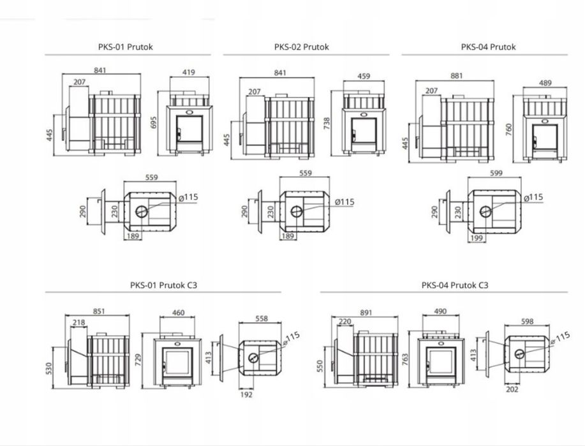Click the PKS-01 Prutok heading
(x=125, y=47)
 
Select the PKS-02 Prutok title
(x=302, y=47)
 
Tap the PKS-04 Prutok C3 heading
(x=455, y=285)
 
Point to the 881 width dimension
(x=457, y=76)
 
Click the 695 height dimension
(x=154, y=123)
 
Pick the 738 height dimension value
(x=327, y=124)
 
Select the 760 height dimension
(x=509, y=130)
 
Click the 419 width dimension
(x=188, y=72)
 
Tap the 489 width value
(x=545, y=83)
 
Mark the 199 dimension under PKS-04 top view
(x=477, y=238)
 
